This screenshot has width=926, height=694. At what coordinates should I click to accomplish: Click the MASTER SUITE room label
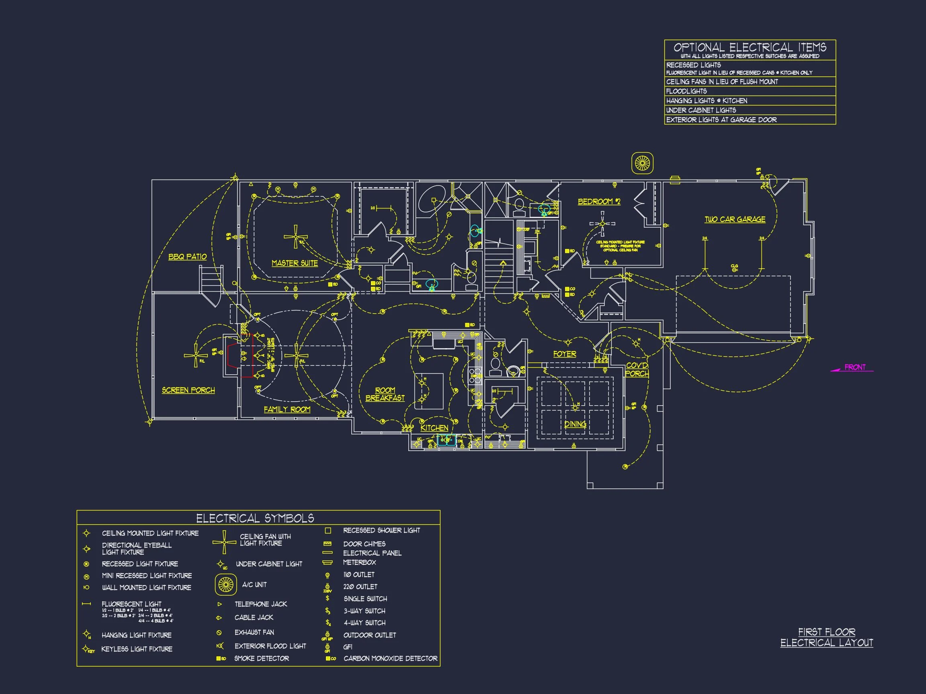(294, 263)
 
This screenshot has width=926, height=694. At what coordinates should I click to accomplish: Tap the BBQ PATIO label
(187, 256)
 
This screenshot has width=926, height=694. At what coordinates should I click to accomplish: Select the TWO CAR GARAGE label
(735, 219)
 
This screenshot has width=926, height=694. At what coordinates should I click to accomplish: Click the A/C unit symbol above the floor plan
(642, 163)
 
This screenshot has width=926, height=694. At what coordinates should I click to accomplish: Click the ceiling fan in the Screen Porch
(195, 355)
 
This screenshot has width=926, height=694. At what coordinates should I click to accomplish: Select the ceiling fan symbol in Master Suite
(295, 237)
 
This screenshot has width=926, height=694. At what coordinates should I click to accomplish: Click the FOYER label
(564, 354)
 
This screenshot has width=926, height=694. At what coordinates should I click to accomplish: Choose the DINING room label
(575, 424)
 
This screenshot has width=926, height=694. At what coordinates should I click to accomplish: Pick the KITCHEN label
(434, 428)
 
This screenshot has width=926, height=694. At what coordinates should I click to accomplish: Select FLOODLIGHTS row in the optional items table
(686, 91)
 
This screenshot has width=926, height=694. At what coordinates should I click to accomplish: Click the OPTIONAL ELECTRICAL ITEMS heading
(749, 47)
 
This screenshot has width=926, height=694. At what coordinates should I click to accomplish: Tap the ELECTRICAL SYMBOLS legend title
(255, 518)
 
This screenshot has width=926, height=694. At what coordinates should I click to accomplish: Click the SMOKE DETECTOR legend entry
(261, 658)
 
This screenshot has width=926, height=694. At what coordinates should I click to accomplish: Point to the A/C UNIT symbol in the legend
(225, 584)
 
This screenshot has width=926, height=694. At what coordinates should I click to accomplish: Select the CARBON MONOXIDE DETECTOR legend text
(390, 658)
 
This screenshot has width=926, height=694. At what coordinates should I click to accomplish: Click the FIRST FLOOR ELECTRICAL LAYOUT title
(826, 637)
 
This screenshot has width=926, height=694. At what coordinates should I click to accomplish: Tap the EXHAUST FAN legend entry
(254, 632)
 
